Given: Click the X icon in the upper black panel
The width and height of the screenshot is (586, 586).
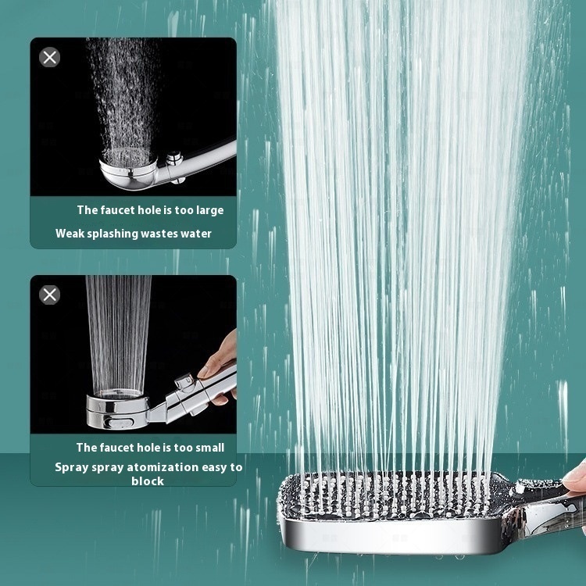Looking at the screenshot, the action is tap(50, 58).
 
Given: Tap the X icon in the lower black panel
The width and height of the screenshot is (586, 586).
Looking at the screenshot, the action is tap(50, 295).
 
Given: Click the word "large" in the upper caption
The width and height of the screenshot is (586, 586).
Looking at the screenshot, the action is tap(209, 210).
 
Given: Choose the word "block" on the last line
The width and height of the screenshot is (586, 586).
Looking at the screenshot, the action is tap(148, 481).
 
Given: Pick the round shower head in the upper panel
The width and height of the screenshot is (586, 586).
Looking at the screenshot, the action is tap(128, 169).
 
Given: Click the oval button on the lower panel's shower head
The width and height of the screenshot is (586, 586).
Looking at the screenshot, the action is tap(118, 422).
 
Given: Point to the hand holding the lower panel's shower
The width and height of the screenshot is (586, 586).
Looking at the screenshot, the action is tap(219, 368).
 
